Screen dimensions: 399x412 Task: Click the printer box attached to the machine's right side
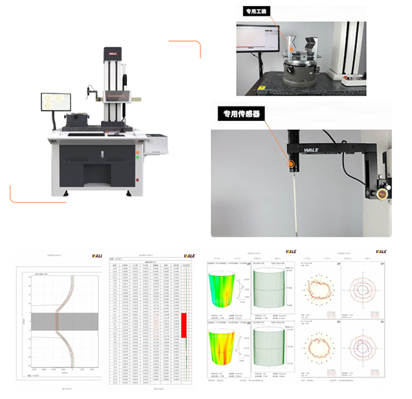point(158,145)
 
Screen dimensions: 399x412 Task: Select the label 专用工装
point(260,12)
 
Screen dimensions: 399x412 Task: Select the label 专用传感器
point(240,114)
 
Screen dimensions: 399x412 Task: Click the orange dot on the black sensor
point(291,164)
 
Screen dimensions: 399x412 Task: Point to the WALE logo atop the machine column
point(113,51)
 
